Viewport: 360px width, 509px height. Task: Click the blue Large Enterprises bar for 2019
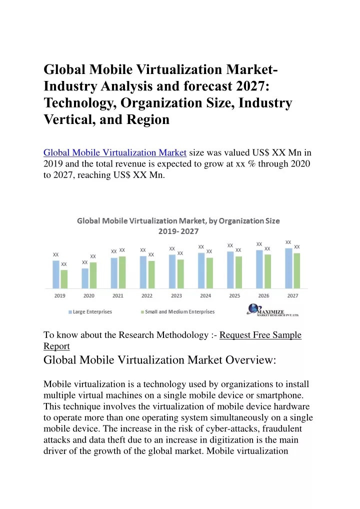56,274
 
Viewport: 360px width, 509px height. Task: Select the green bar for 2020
93,275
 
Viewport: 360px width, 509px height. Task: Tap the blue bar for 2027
288,268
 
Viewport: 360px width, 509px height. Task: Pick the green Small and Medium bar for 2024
209,273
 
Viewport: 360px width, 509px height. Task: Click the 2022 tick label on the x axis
147,295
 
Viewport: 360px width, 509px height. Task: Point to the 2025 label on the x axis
234,295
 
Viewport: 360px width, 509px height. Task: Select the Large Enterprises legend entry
90,311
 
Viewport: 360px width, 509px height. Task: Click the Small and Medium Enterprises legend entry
177,311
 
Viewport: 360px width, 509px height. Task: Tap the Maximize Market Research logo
272,309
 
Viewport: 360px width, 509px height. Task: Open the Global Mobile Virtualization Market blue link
115,152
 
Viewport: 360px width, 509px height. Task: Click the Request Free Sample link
260,334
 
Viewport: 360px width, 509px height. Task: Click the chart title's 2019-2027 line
178,231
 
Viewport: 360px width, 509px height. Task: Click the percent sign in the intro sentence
251,163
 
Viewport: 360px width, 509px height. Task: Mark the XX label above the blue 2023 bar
172,248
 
